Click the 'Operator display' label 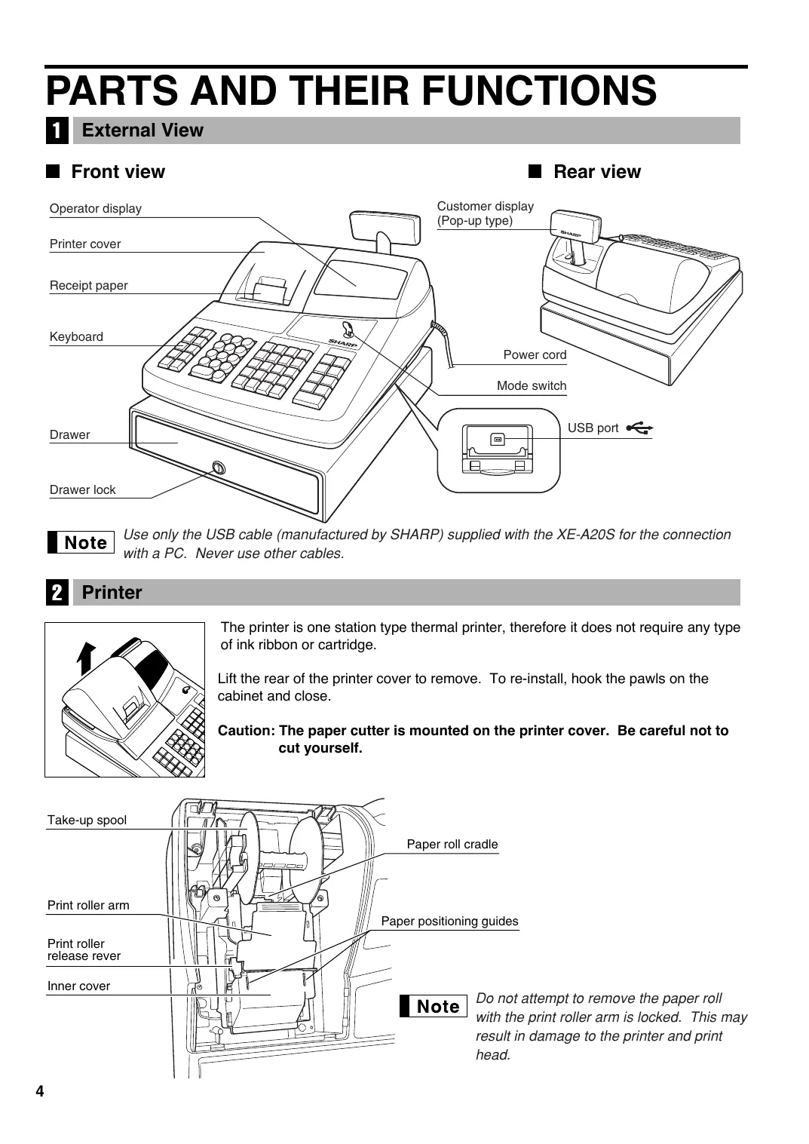[96, 209]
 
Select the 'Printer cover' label [85, 244]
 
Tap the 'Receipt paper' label [89, 286]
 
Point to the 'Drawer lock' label [83, 490]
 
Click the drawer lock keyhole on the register [219, 468]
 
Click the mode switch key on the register [348, 330]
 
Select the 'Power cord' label [535, 355]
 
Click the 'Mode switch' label [532, 386]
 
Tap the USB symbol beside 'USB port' [639, 428]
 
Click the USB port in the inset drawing [498, 439]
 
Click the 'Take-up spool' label [87, 820]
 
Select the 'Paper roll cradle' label [452, 845]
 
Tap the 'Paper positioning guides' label [449, 922]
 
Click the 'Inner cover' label [78, 986]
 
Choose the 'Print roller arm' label [88, 906]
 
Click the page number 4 [40, 1092]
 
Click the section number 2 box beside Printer [57, 593]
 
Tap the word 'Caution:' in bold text [246, 731]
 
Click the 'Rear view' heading [596, 172]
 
